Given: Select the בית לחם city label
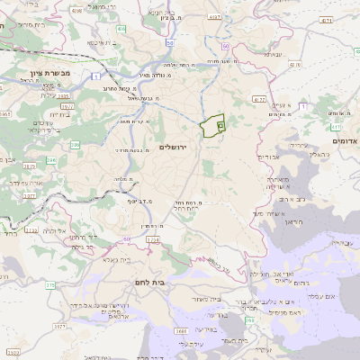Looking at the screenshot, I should tap(184, 283).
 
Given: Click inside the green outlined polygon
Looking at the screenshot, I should tap(211, 126).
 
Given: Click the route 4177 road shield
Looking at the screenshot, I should tap(259, 99).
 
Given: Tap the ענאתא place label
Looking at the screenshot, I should tap(269, 55).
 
